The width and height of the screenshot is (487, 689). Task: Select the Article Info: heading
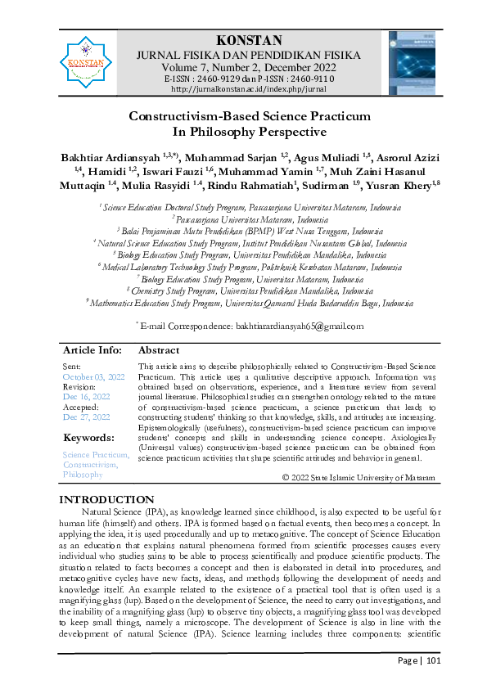pos(92,349)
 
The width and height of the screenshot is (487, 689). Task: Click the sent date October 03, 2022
pos(94,376)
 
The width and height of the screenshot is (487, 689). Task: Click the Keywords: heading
pos(88,437)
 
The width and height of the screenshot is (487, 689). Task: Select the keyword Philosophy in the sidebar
pos(83,475)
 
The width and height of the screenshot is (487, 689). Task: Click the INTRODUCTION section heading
pos(108,499)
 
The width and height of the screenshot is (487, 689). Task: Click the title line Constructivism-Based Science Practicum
pos(244,116)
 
